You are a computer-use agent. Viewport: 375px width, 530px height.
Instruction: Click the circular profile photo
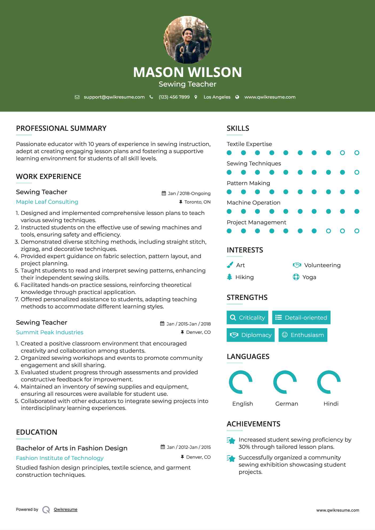point(188,40)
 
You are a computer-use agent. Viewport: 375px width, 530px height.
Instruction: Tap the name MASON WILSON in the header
point(188,72)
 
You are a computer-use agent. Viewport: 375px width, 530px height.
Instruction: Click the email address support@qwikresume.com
point(114,97)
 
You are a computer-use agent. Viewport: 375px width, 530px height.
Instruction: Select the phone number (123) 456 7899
point(174,97)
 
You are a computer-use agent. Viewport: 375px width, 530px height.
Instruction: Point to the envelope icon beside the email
point(77,97)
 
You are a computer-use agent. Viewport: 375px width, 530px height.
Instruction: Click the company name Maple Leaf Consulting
point(47,202)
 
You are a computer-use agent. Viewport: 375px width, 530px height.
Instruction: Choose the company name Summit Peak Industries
point(50,332)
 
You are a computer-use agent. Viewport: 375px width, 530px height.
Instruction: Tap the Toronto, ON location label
point(197,202)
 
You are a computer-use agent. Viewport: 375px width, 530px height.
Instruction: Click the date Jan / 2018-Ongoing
point(189,194)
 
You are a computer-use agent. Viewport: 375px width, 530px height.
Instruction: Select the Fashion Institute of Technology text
point(60,458)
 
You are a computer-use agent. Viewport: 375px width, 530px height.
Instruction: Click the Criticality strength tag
point(247,317)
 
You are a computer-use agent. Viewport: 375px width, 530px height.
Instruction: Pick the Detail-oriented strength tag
point(301,317)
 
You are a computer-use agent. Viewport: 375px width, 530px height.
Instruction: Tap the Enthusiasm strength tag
point(303,335)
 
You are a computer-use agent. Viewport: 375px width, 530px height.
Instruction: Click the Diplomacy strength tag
point(251,335)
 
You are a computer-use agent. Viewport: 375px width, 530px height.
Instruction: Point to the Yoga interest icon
point(296,277)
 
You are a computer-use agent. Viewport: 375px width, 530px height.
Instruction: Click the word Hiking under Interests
point(244,277)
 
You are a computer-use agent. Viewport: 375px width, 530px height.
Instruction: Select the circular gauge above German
point(285,382)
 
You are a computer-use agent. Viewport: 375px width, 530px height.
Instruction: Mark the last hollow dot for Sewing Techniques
point(357,172)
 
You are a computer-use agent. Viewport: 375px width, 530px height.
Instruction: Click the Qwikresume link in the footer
point(66,509)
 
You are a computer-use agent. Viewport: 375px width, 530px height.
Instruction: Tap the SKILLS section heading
point(238,128)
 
